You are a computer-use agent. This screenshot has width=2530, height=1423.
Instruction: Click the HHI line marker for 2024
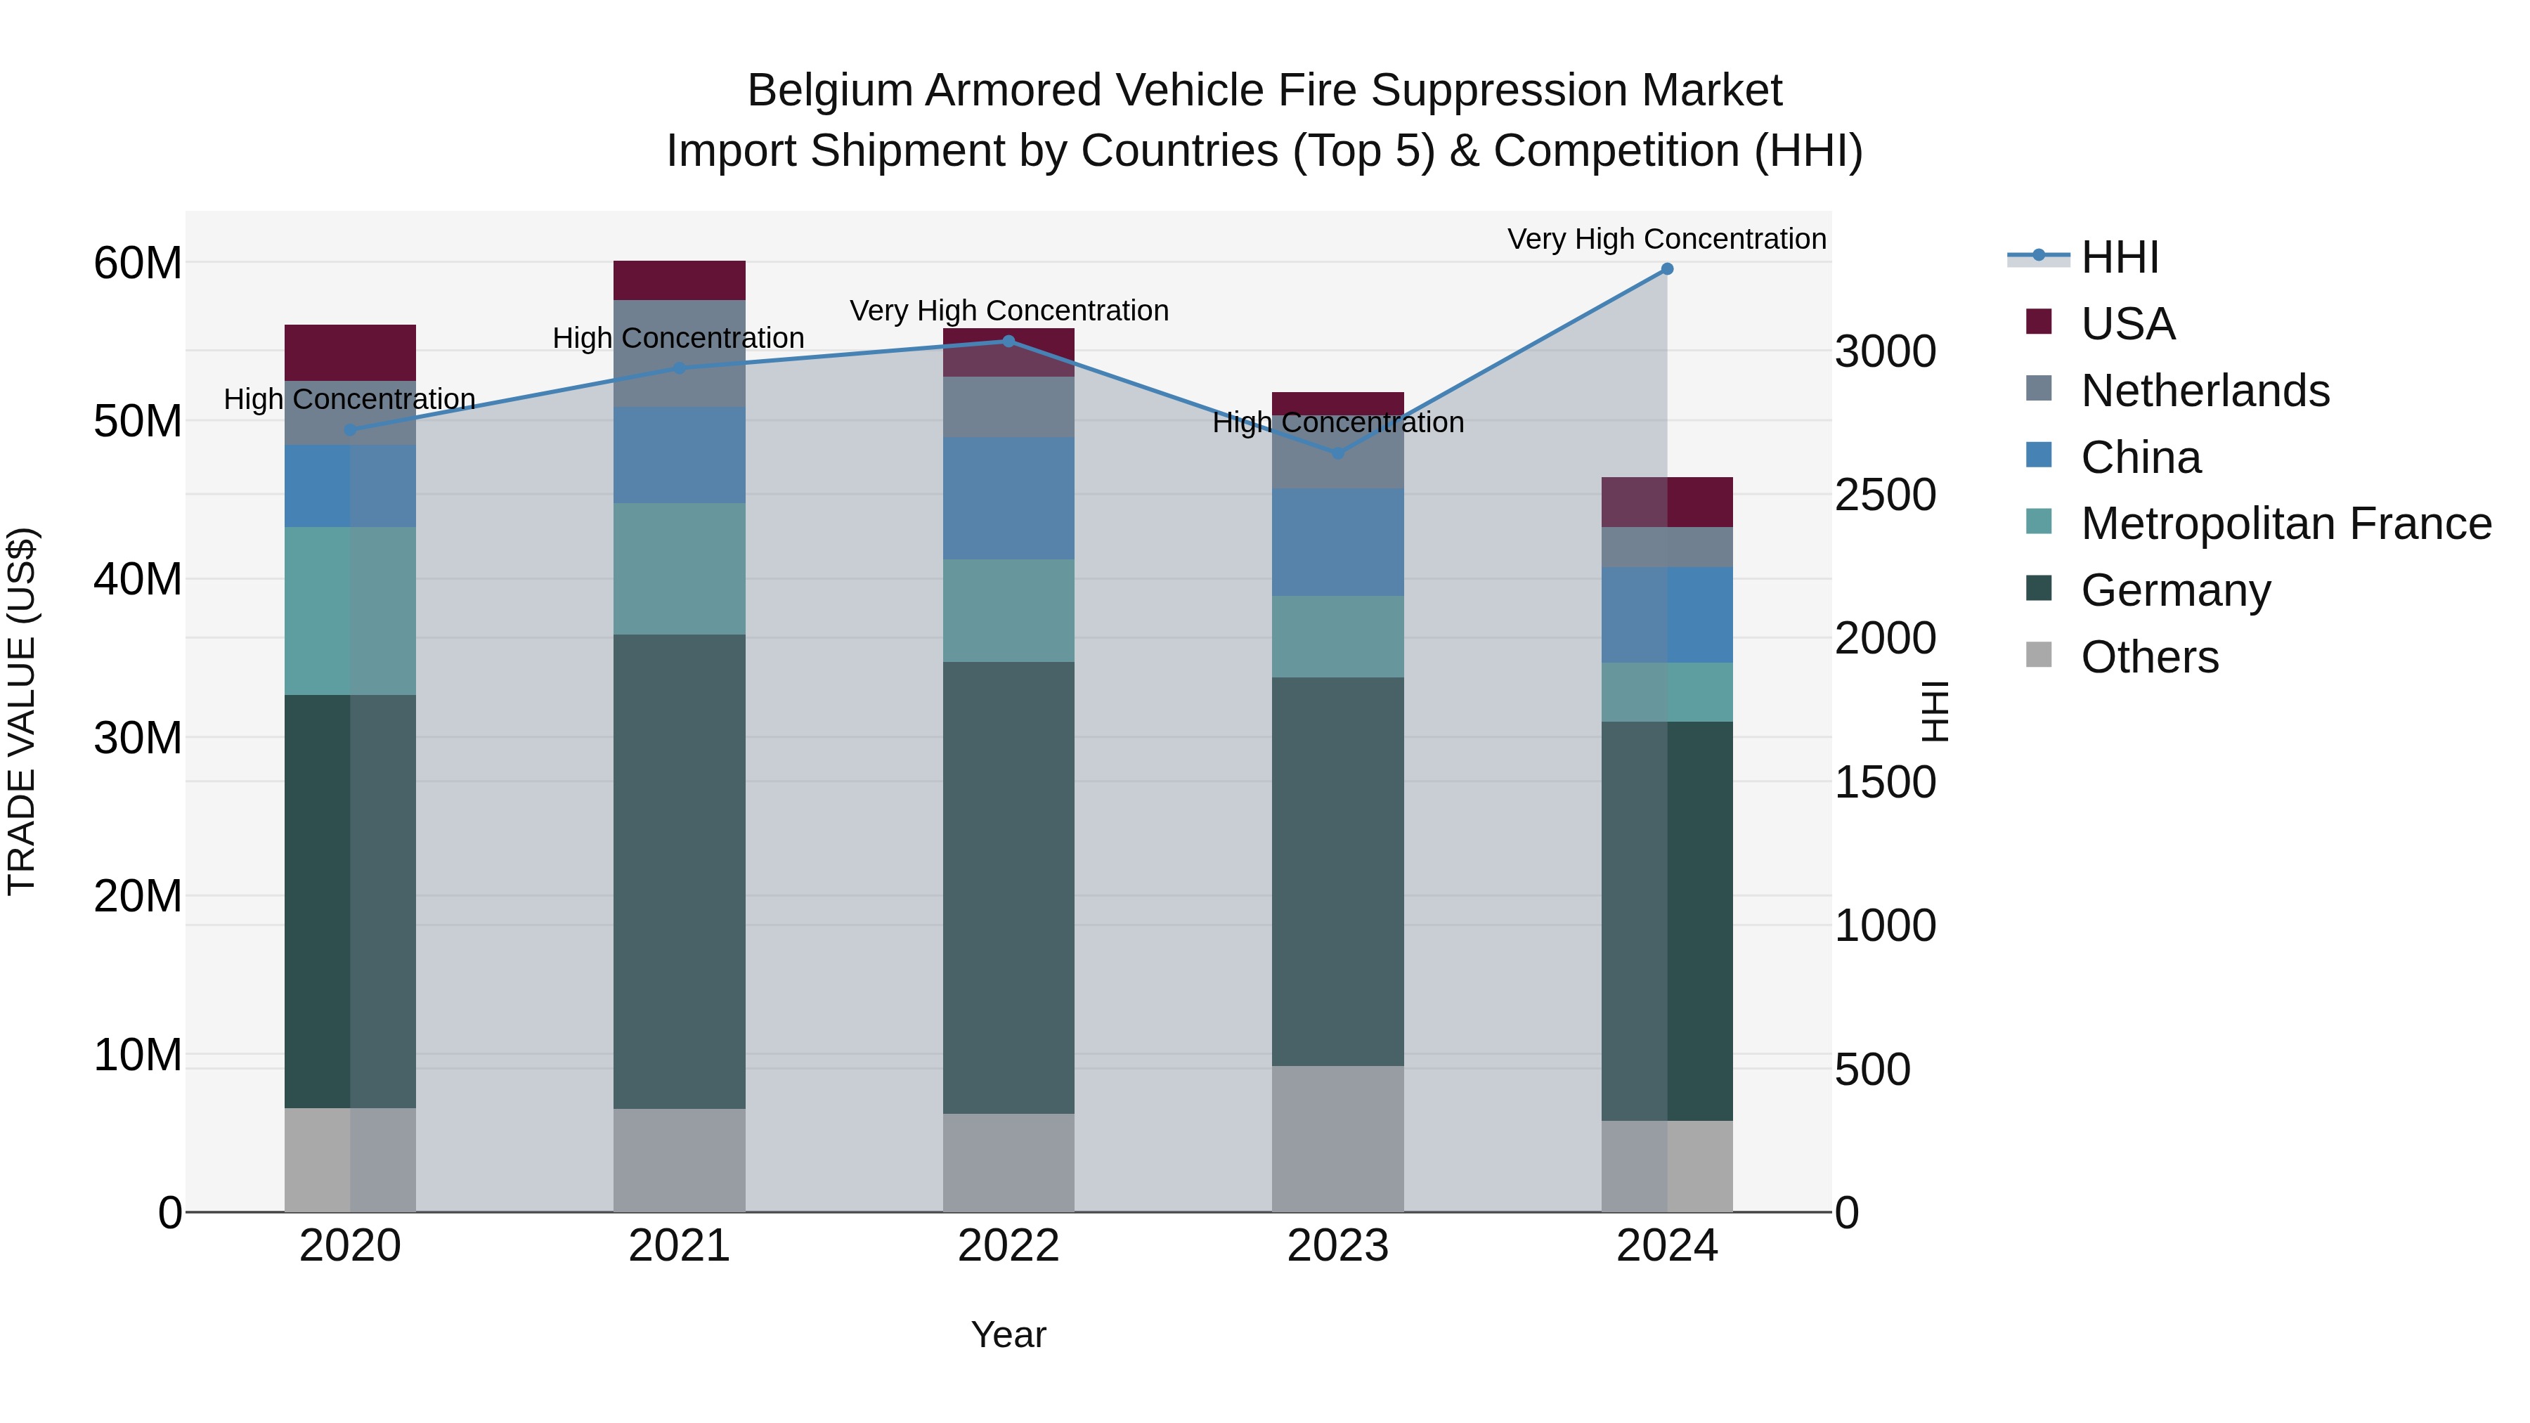point(1667,269)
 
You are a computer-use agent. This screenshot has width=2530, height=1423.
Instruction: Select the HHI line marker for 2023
point(1337,454)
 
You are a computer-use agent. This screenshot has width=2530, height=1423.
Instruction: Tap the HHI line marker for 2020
point(351,430)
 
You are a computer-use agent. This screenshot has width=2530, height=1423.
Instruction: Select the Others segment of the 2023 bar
point(1337,1138)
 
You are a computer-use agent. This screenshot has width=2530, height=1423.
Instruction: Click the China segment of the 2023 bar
point(1337,542)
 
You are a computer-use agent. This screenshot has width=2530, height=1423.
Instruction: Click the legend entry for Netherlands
point(2204,391)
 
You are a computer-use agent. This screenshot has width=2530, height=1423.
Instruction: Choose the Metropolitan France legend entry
point(2285,524)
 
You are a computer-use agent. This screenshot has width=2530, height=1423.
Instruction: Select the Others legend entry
point(2149,657)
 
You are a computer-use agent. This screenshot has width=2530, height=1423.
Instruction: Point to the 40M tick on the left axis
point(138,580)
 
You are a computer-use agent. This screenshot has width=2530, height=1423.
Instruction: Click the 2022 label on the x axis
point(1008,1246)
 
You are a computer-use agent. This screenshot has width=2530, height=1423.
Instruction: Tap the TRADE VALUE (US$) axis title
point(22,711)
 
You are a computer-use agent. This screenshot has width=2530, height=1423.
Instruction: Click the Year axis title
point(1008,1334)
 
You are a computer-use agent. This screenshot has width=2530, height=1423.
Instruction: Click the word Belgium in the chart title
point(829,91)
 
